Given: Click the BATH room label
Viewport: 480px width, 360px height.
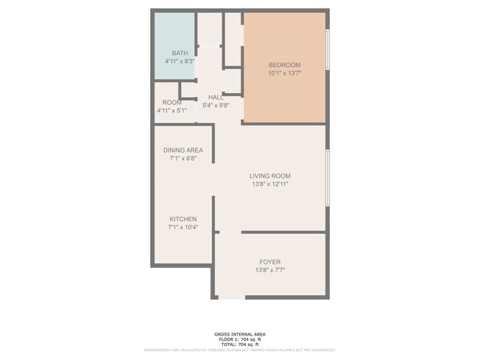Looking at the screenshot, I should (x=179, y=53).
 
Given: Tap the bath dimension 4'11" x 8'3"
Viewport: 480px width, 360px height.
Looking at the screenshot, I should (x=179, y=62).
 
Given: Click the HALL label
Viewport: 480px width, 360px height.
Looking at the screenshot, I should (x=216, y=97).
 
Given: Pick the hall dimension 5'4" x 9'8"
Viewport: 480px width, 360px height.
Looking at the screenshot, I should (x=216, y=106).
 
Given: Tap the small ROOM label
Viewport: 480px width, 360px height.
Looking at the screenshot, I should (x=171, y=103).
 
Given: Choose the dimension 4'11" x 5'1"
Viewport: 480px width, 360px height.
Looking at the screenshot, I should (x=171, y=111).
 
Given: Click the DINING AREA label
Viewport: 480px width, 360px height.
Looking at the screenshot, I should (x=183, y=150).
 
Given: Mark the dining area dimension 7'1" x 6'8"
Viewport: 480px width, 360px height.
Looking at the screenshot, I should (x=183, y=159).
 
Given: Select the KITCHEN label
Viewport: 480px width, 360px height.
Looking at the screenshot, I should (x=183, y=220).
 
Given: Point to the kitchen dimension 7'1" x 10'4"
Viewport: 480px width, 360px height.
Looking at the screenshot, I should (x=183, y=228).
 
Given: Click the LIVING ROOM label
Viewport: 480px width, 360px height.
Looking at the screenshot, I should (x=270, y=176).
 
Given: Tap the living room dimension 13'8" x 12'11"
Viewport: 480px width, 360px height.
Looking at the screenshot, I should (x=270, y=184).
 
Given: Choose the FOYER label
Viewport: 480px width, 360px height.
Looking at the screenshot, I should (x=270, y=262).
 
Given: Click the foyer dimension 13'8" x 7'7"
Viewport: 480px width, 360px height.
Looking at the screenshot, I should (x=270, y=271).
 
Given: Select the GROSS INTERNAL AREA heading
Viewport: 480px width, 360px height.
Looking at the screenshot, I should (x=239, y=334).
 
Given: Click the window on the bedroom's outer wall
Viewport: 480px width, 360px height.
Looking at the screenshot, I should (x=327, y=50).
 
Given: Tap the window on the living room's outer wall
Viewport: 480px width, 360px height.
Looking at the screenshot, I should (x=327, y=178).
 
